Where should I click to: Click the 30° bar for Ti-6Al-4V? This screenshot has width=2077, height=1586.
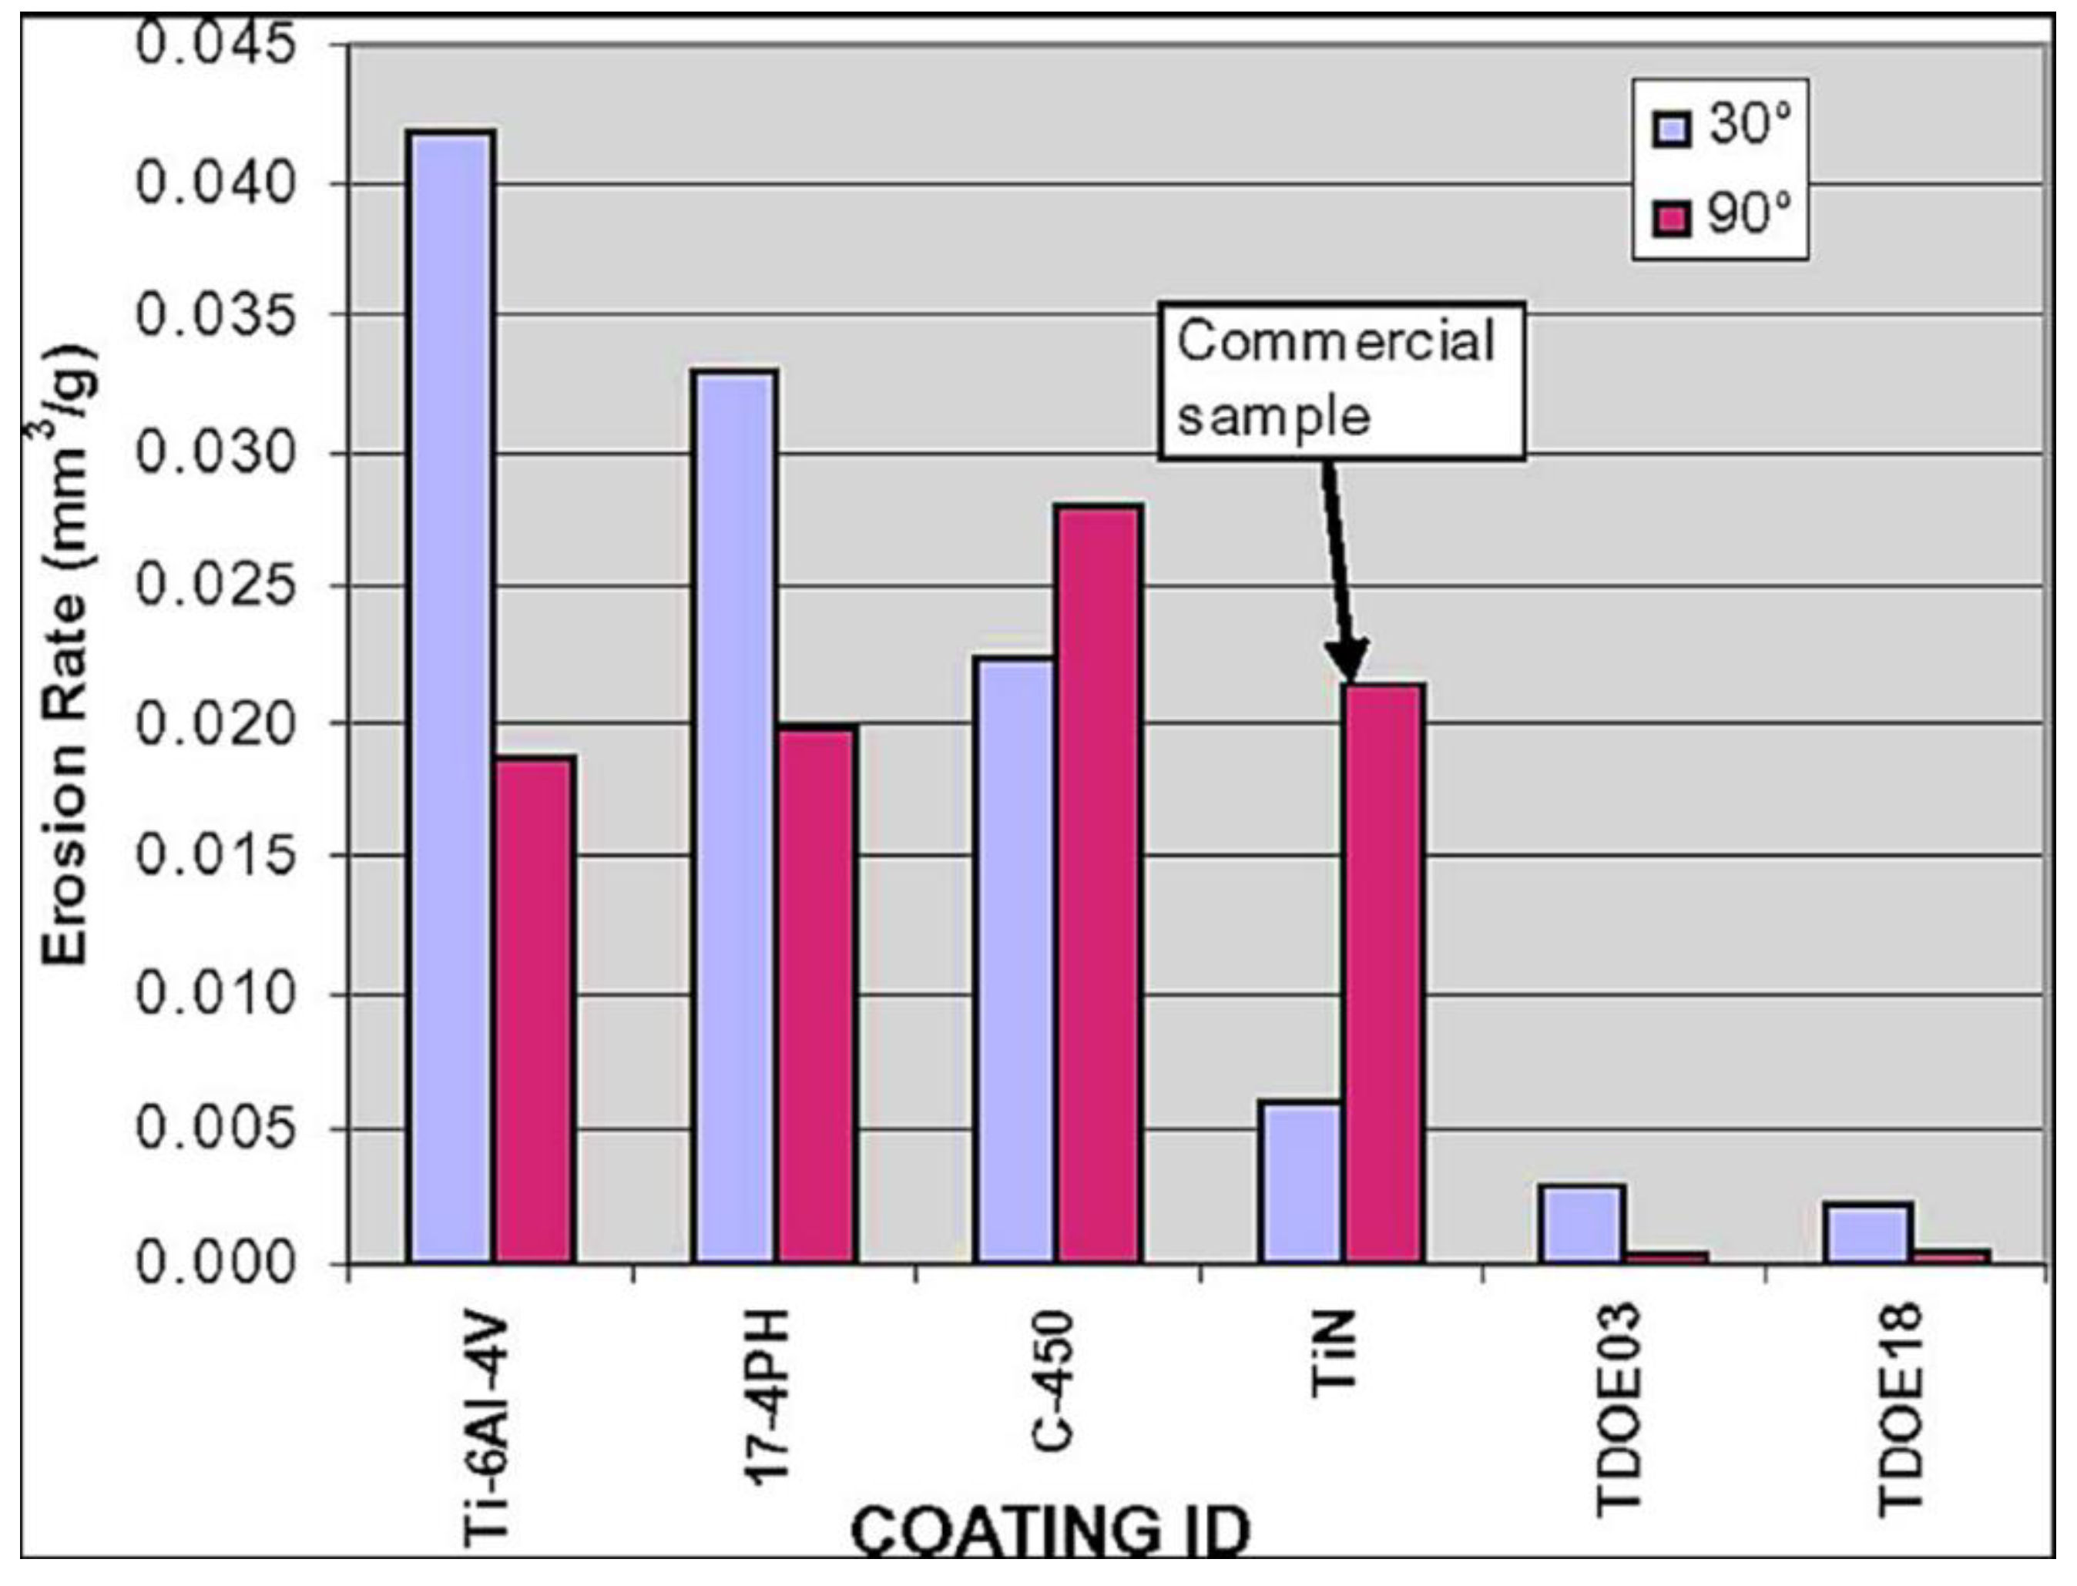pyautogui.click(x=451, y=699)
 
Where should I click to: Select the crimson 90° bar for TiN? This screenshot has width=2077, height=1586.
pyautogui.click(x=1384, y=972)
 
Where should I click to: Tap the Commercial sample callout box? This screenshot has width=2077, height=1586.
pyautogui.click(x=1340, y=381)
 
